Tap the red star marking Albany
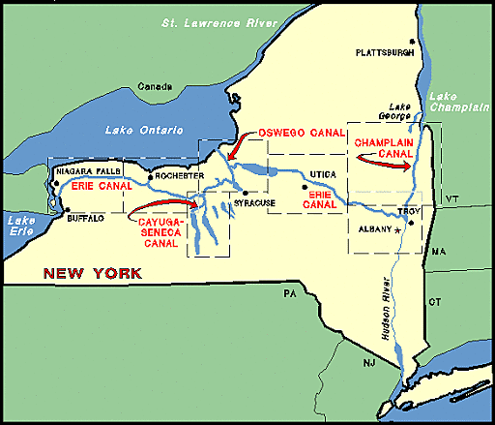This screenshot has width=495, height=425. click(x=397, y=231)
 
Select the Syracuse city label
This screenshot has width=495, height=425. click(x=254, y=202)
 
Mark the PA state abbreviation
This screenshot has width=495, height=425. click(x=287, y=291)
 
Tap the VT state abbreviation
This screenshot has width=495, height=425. click(x=450, y=199)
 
